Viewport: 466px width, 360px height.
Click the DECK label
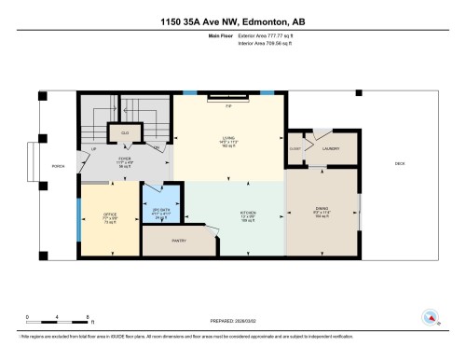pos(400,164)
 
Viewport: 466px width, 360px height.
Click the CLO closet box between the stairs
pos(124,133)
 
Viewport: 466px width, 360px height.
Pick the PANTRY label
pos(179,241)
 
